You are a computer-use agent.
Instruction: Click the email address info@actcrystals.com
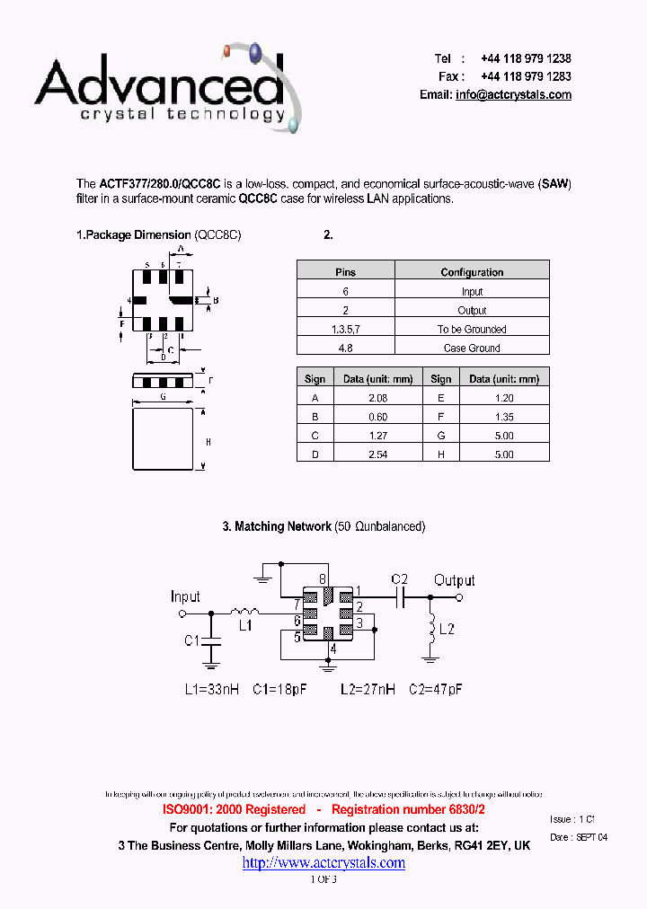coord(513,95)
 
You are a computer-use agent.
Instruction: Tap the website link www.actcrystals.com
coord(323,863)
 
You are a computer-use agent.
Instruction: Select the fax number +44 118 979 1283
coord(526,76)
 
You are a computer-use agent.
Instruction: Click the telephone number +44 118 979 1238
coord(526,58)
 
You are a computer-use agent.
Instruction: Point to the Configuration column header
coord(472,272)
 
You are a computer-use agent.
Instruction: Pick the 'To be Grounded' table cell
coord(472,330)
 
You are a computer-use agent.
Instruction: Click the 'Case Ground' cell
coord(472,349)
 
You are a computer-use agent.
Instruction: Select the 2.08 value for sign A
coord(377,397)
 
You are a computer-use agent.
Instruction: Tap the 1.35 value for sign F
coord(504,417)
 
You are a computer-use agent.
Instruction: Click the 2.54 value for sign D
coord(377,455)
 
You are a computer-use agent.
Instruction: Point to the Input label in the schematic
coord(185,596)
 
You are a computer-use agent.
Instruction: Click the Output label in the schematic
coord(455,580)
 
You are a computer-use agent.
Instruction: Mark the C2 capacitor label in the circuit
coord(400,579)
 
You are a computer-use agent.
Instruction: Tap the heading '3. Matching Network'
coord(277,526)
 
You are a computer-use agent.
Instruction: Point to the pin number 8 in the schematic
coord(323,580)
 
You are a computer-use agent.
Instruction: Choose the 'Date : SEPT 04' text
coord(578,837)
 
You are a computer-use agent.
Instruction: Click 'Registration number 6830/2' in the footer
coord(415,809)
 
